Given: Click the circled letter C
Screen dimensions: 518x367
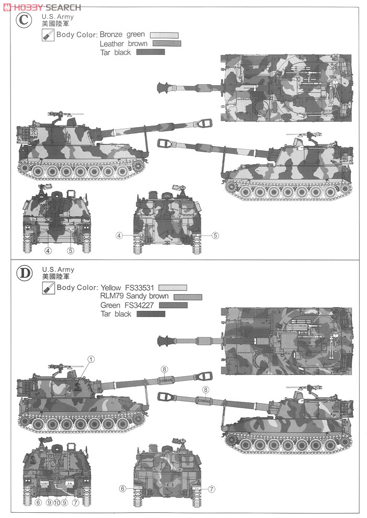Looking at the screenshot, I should pos(22,21).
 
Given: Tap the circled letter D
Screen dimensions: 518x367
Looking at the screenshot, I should pos(22,273).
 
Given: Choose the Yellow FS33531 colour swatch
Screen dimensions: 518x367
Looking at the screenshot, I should pos(173,288).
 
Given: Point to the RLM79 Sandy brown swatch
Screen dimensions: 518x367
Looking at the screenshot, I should pos(188,297).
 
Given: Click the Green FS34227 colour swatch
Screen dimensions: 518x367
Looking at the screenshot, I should pos(173,305).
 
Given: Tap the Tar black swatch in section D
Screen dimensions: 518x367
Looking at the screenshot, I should pos(151,314).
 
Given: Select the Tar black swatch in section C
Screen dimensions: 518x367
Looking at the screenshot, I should pos(150,52).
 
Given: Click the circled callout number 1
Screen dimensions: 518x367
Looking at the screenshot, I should pos(90,359).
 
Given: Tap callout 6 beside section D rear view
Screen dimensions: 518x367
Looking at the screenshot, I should pos(122,489).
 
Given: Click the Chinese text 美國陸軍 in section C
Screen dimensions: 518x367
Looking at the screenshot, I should pos(52,24).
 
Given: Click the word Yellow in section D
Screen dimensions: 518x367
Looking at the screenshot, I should pos(111,288).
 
